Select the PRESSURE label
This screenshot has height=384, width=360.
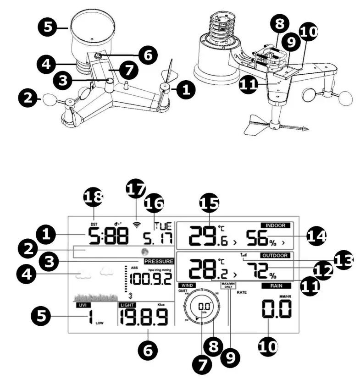tap(158, 261)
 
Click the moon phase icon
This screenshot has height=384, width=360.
tap(145, 252)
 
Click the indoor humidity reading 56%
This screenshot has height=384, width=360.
tap(259, 237)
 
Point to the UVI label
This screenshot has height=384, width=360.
tap(83, 305)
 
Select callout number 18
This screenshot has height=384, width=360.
tap(94, 198)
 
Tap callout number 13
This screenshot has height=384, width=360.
tap(343, 260)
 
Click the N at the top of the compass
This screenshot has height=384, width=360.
tap(201, 290)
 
